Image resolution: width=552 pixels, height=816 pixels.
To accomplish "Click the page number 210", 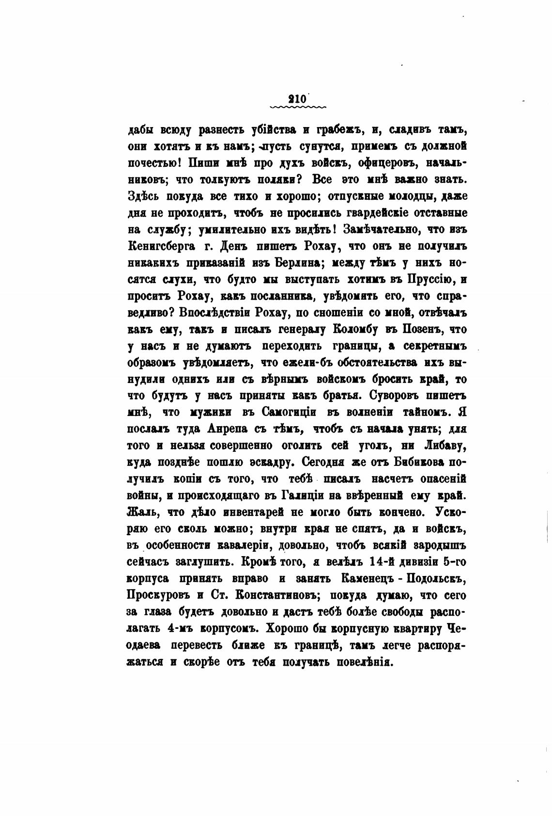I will pyautogui.click(x=296, y=97).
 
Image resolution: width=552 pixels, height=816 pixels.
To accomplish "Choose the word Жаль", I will pyautogui.click(x=142, y=512).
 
